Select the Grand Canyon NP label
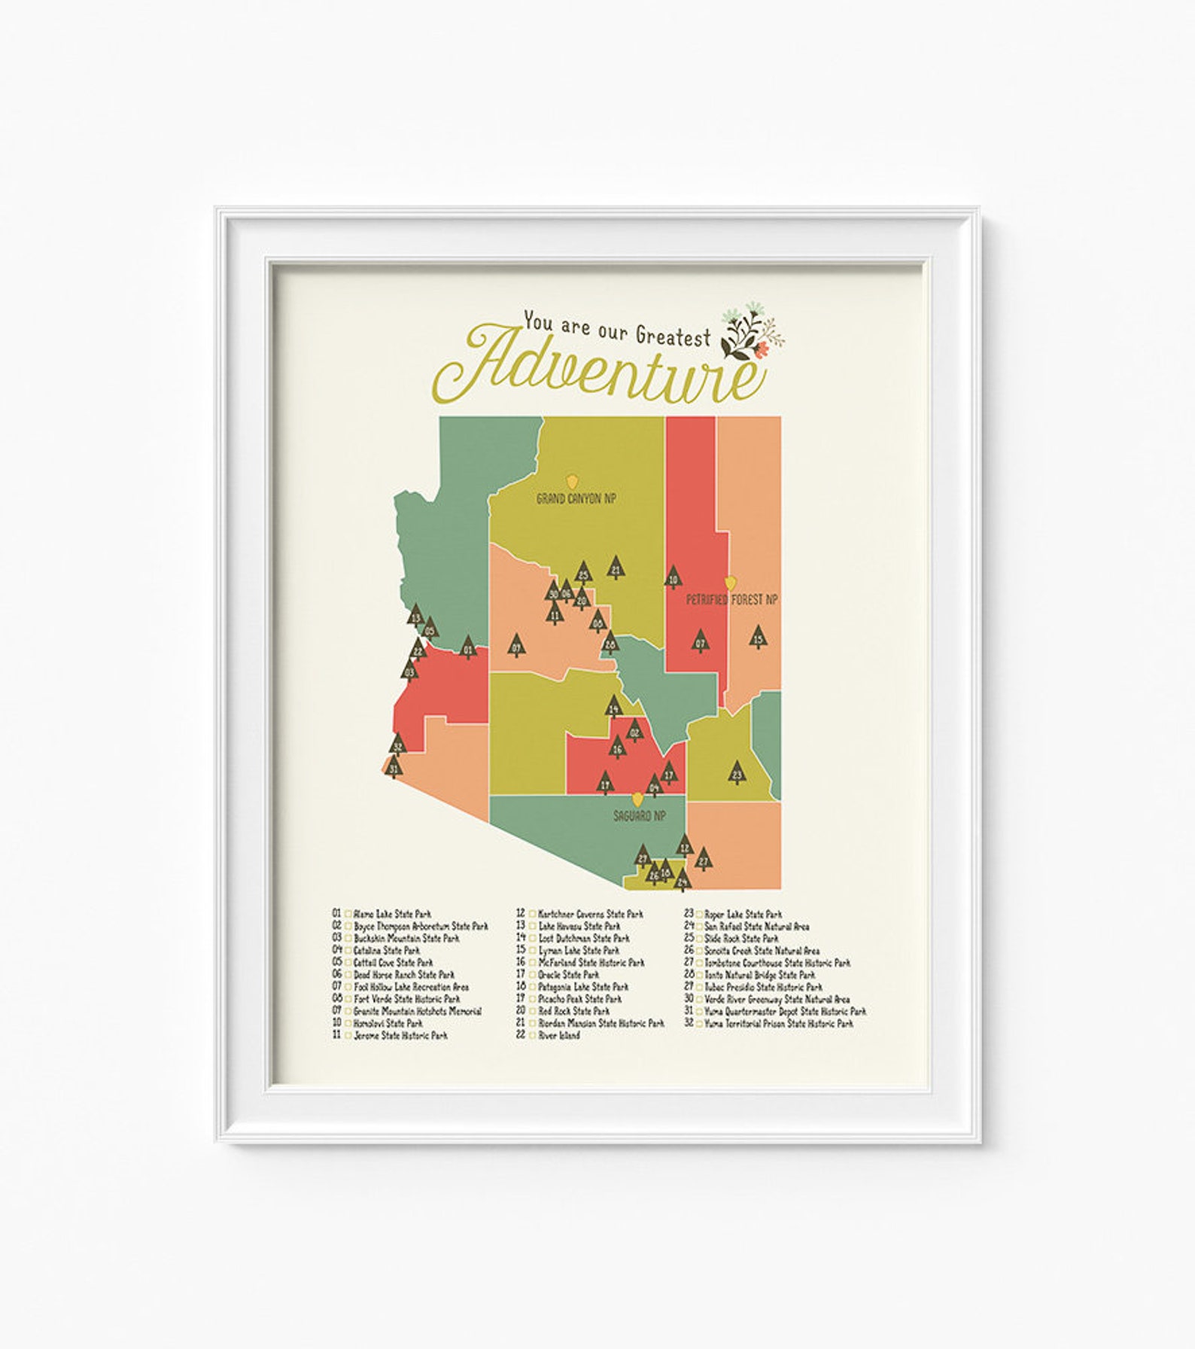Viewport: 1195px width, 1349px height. (x=576, y=498)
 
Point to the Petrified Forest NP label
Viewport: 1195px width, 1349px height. (x=731, y=600)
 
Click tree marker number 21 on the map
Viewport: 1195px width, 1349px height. (x=616, y=568)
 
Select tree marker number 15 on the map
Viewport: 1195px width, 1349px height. (x=759, y=638)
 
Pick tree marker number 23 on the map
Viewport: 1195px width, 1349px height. (x=737, y=772)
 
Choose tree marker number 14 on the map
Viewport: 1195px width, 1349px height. (x=613, y=707)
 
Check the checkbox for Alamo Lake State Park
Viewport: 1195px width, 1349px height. (x=348, y=915)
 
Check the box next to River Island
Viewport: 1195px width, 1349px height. (x=533, y=1036)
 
